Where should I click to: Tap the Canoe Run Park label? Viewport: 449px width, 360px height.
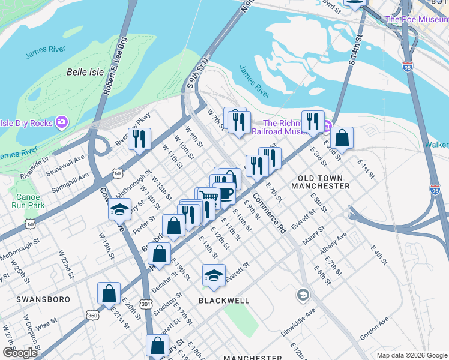click(x=28, y=201)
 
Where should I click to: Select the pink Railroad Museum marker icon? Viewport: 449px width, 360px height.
click(x=327, y=127)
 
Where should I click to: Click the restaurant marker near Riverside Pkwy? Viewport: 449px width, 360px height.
click(x=139, y=139)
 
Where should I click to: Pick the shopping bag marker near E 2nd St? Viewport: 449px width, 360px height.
click(x=342, y=137)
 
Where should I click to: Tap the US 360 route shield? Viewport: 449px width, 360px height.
click(x=92, y=315)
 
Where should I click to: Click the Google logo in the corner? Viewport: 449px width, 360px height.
click(x=20, y=353)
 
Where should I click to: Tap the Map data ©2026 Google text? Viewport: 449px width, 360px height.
click(x=412, y=355)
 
